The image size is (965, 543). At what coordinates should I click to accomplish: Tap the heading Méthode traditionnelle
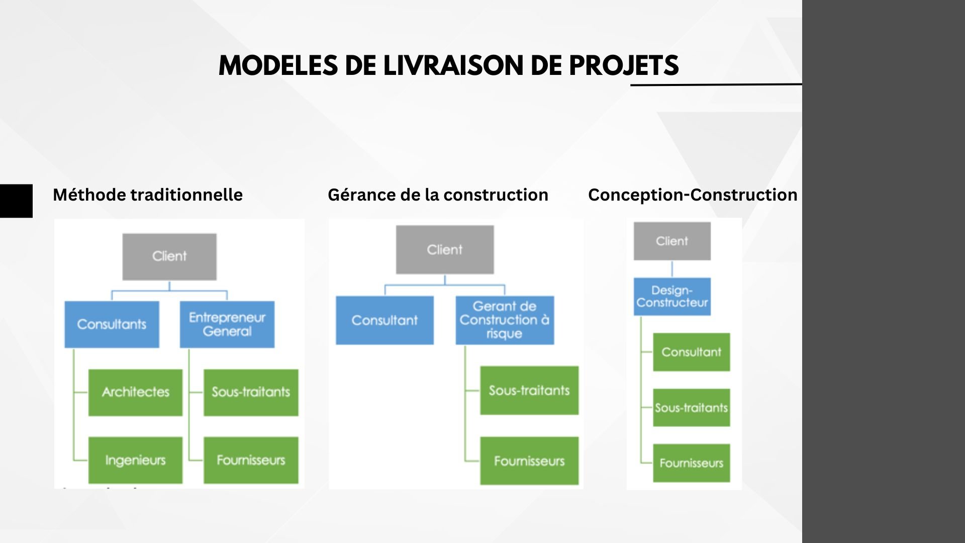pos(148,195)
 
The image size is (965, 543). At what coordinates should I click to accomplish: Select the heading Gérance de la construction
pos(438,195)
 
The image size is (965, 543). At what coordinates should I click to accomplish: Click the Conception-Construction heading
pos(693,195)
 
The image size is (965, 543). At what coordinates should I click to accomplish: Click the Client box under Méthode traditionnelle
pos(169,256)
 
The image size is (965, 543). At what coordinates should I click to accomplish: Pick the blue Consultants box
pos(112,324)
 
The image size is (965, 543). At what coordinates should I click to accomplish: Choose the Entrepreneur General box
pos(227,324)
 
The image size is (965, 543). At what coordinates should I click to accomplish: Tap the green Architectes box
pos(135,392)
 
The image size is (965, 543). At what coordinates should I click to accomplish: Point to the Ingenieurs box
pos(135,460)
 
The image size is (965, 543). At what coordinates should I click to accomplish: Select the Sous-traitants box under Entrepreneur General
pos(251,392)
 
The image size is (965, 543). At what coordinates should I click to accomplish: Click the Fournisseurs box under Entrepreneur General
pos(251,460)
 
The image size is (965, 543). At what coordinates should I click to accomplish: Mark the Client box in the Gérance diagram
pos(445,249)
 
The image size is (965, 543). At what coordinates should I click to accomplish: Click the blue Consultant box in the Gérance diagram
pos(384,320)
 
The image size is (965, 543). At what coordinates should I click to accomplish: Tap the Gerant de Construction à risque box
pos(505,320)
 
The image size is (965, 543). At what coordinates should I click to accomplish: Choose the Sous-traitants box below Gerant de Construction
pos(529,390)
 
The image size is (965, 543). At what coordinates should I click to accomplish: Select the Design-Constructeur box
pos(672,297)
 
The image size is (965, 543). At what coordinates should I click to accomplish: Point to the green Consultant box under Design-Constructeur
pos(691,352)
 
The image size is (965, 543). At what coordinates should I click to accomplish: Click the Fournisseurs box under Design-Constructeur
pos(691,463)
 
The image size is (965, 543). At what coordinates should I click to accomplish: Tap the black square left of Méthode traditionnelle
pos(16,201)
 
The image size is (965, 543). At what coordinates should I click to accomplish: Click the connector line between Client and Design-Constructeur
pos(672,269)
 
